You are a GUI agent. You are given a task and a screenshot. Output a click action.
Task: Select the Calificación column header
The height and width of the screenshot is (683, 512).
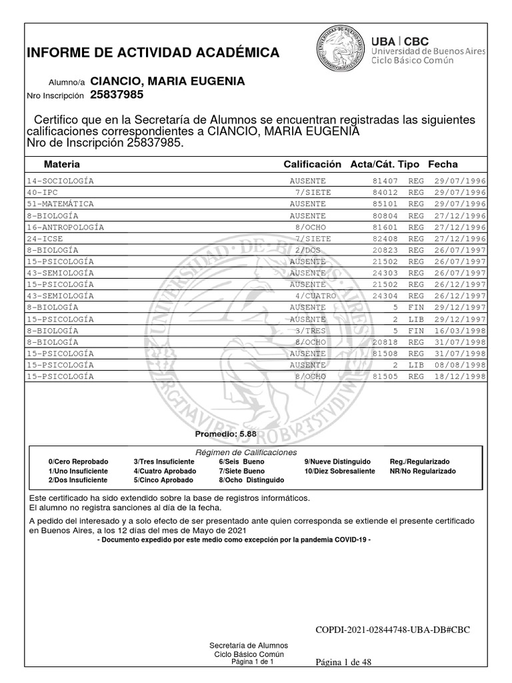point(312,164)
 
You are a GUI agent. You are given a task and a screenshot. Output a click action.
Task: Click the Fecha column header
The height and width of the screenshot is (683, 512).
point(443,164)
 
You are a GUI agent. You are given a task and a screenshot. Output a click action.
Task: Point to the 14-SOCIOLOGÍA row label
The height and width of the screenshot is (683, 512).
point(60,181)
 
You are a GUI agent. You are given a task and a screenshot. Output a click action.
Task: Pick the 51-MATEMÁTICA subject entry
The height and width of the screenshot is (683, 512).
point(60,203)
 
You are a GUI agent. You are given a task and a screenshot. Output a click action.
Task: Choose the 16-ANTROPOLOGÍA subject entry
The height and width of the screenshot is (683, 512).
point(65,227)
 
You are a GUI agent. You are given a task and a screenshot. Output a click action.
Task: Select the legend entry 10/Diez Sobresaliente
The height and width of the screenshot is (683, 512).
point(339,471)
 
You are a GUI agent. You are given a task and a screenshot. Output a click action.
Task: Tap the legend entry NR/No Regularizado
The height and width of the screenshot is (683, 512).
point(423,471)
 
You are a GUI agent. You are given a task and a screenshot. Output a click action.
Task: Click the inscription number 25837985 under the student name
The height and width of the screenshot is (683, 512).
point(117,95)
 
